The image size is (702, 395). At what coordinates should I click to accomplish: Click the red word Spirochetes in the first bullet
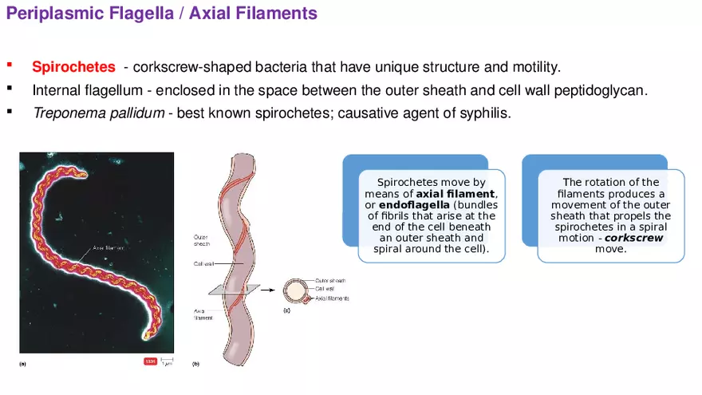coord(73,67)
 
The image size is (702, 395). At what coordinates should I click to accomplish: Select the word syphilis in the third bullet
coord(483,113)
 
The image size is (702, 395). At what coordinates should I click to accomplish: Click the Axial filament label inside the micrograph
coord(109,247)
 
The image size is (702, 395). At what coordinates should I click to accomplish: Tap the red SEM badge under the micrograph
coord(150,361)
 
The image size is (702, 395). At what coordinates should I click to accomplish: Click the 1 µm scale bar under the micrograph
coord(166,362)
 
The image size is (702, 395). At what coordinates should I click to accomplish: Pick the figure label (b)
coord(196,364)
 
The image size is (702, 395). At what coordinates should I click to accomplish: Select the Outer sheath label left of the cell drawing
coord(201,241)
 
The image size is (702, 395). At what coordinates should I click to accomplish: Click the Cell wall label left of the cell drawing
coord(202,263)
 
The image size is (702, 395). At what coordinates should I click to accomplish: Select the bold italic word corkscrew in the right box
coord(634,238)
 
